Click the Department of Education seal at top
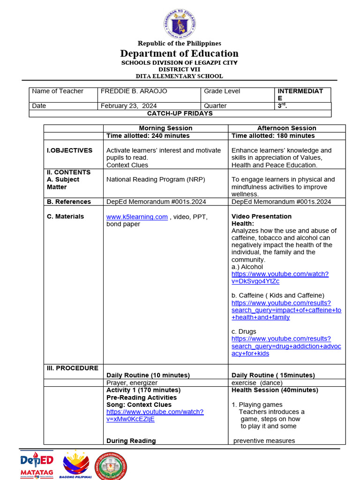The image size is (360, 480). pyautogui.click(x=180, y=24)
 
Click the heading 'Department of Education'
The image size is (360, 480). pyautogui.click(x=180, y=53)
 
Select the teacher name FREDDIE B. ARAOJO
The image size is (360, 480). pyautogui.click(x=134, y=91)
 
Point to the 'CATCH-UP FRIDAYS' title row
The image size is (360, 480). pyautogui.click(x=180, y=113)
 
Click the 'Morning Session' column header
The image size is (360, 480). pyautogui.click(x=165, y=128)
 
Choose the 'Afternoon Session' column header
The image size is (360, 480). pyautogui.click(x=286, y=128)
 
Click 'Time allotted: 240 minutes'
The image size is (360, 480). pyautogui.click(x=148, y=135)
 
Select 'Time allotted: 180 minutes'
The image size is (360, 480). pyautogui.click(x=273, y=135)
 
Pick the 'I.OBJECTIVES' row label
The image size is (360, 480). pyautogui.click(x=69, y=150)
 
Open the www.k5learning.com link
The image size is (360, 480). pyautogui.click(x=137, y=217)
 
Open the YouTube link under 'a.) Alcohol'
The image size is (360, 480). pyautogui.click(x=279, y=277)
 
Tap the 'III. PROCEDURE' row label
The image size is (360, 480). pyautogui.click(x=72, y=368)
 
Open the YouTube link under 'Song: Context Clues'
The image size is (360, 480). pyautogui.click(x=155, y=415)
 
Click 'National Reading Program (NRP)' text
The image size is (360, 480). pyautogui.click(x=156, y=179)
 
